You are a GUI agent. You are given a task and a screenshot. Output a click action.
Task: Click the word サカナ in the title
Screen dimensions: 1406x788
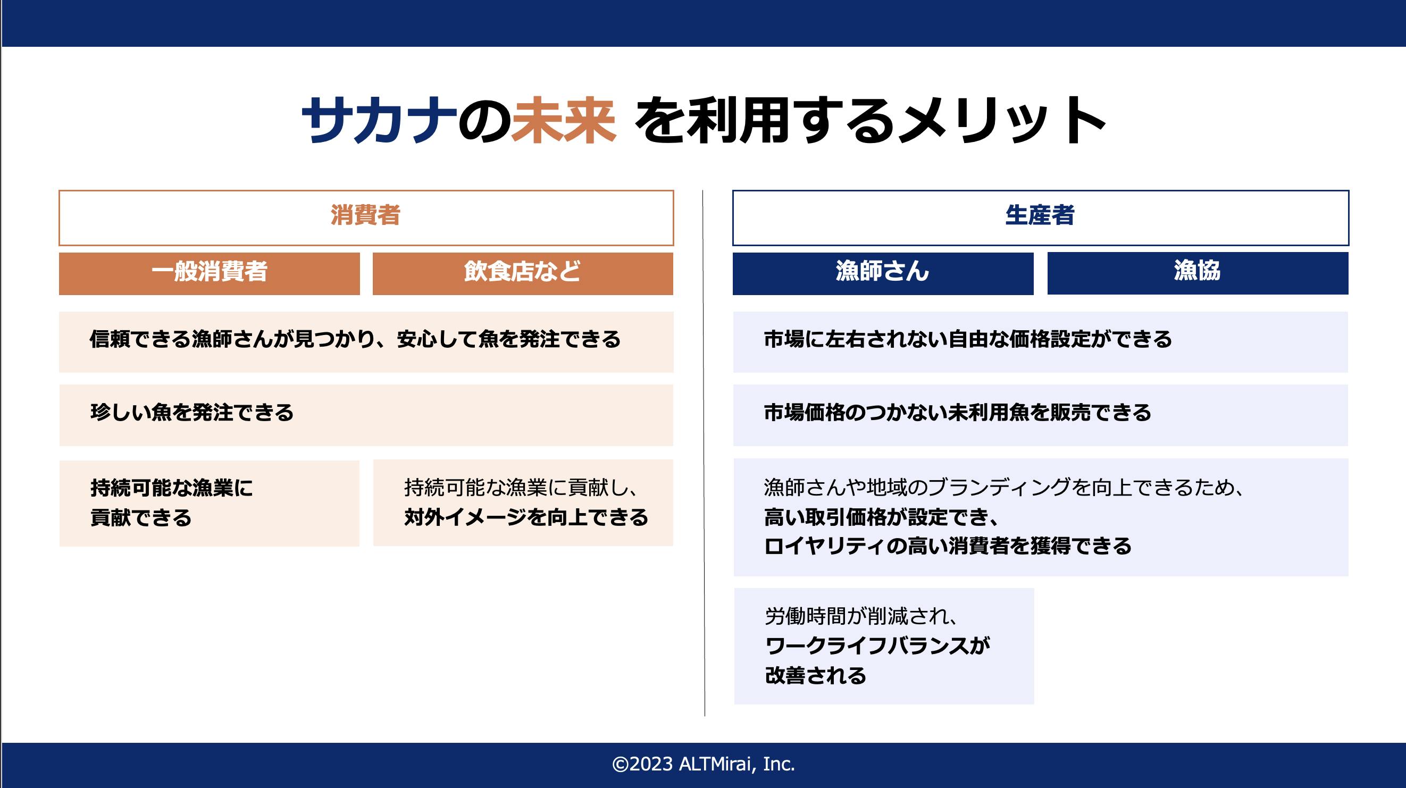(x=379, y=120)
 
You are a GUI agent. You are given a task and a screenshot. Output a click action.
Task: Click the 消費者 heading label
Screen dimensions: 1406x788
(x=366, y=215)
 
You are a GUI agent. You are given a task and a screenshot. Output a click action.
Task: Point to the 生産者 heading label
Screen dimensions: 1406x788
(x=1040, y=215)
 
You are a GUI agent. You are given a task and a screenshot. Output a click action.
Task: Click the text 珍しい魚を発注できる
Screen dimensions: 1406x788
(x=192, y=413)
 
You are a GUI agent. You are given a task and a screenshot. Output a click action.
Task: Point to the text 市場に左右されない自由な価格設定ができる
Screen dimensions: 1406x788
(x=968, y=339)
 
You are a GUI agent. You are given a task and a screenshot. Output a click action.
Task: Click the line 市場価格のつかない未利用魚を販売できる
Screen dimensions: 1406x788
(x=957, y=413)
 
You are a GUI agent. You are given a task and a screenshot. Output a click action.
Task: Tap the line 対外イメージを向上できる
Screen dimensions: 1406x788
(x=526, y=517)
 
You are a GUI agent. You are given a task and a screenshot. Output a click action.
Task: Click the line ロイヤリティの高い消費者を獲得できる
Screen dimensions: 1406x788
(x=948, y=546)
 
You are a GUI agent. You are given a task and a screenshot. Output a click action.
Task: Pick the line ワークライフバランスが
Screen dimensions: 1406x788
(x=877, y=646)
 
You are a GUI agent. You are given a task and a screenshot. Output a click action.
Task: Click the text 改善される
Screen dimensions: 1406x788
(x=815, y=676)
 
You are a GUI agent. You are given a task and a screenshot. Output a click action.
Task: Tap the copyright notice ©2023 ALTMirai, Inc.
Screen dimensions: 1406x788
(x=703, y=765)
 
